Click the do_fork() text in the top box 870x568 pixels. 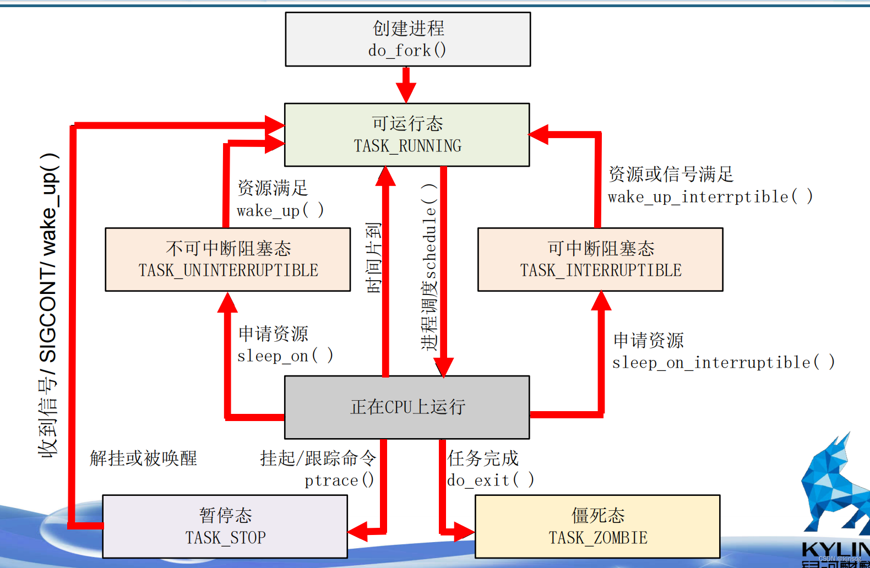407,51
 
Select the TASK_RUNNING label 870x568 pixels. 407,146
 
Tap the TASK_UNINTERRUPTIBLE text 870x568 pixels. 228,270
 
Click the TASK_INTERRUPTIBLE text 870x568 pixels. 600,270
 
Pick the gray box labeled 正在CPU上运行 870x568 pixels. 407,407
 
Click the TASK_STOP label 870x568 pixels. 225,538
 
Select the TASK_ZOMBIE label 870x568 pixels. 597,538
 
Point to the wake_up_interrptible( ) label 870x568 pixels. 710,197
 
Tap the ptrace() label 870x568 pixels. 339,480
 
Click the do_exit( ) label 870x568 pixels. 490,480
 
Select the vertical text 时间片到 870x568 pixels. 374,258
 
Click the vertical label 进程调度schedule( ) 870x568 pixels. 429,267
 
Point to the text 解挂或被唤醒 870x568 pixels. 143,458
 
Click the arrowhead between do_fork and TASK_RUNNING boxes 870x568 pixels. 406,92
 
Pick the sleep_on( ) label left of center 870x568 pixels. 285,356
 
